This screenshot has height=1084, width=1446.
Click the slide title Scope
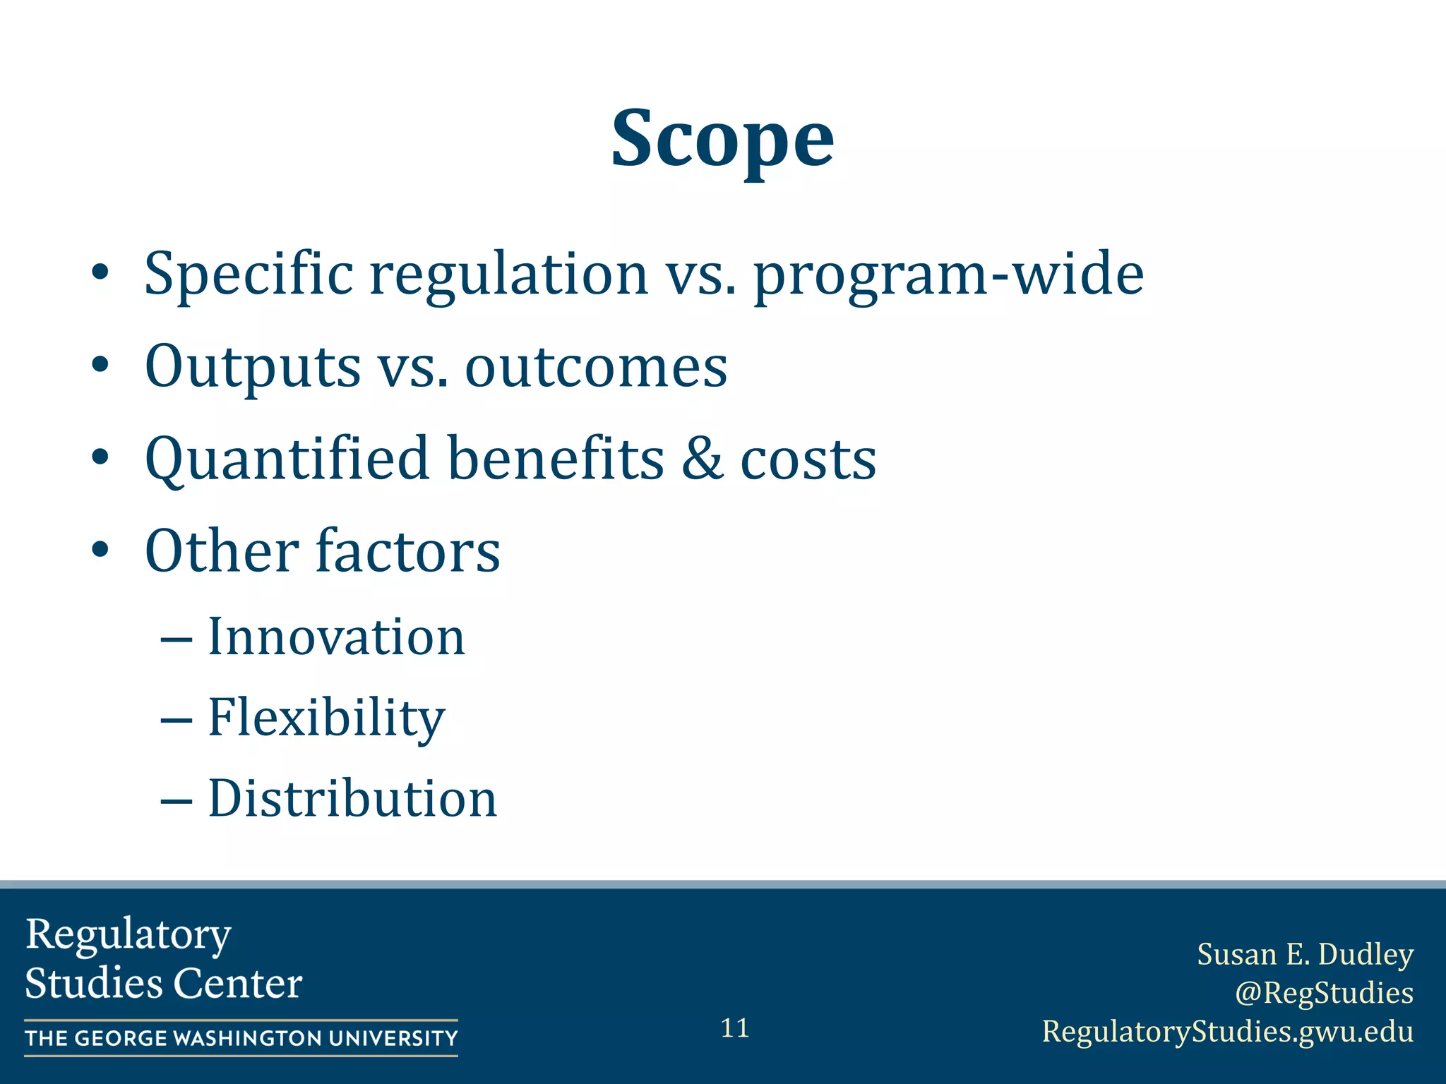[x=722, y=139]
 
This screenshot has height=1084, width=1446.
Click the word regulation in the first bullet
[x=508, y=274]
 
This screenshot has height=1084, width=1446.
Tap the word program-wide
[x=948, y=275]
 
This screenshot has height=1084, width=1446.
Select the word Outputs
[x=252, y=367]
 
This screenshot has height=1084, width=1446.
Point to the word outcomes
[x=595, y=367]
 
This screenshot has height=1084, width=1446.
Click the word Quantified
[x=286, y=459]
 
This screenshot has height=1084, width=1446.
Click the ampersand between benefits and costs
[x=702, y=459]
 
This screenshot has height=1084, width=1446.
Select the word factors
[x=407, y=550]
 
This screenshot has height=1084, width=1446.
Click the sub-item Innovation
[x=336, y=637]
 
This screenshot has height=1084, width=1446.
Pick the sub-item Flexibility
[x=326, y=717]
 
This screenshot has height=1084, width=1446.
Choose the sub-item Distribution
[x=352, y=798]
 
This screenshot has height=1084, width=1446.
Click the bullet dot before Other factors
[x=100, y=550]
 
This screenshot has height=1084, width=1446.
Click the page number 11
[x=734, y=1028]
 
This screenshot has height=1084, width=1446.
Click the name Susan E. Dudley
[x=1305, y=954]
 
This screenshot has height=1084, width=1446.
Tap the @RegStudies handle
[x=1324, y=992]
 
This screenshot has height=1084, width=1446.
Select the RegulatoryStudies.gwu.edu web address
[x=1228, y=1031]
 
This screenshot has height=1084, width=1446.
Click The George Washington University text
[x=241, y=1038]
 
